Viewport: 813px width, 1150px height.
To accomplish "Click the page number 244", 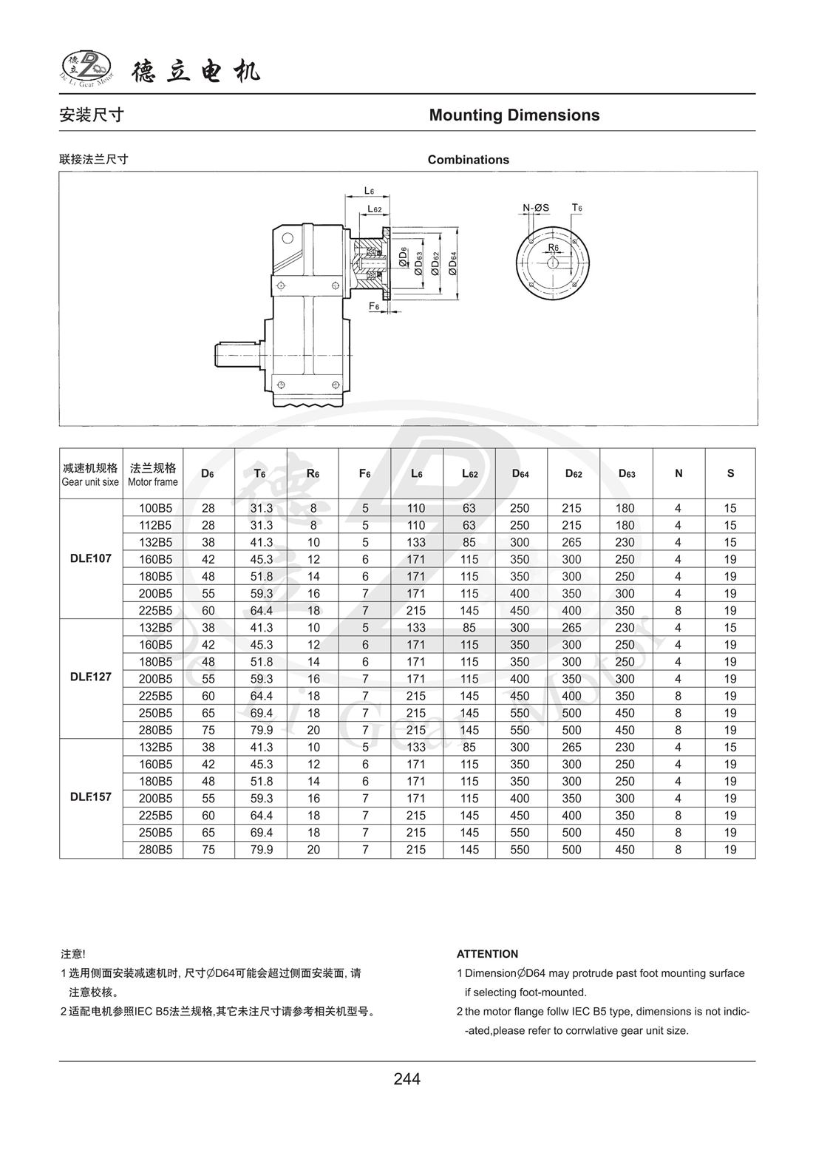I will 406,1079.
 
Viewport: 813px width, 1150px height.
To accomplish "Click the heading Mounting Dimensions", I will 514,115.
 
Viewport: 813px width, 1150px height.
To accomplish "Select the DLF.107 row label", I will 91,558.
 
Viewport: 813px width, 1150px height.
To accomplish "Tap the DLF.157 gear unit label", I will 91,797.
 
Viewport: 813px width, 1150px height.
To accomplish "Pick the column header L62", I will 469,473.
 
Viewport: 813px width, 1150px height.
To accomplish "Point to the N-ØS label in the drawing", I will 536,208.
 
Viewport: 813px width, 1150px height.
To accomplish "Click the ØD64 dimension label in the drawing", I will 453,264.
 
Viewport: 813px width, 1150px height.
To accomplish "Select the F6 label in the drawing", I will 374,305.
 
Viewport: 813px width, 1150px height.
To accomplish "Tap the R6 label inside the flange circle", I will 554,247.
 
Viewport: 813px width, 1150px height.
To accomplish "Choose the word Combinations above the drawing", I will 468,160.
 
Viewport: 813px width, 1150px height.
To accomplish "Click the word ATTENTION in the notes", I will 487,954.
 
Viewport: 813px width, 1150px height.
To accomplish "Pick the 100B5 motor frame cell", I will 155,508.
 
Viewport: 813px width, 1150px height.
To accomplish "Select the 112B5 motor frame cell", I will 155,525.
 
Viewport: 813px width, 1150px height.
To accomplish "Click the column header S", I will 730,473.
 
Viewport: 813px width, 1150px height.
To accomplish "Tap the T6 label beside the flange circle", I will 576,208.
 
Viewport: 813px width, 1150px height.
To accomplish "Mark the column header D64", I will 520,473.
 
